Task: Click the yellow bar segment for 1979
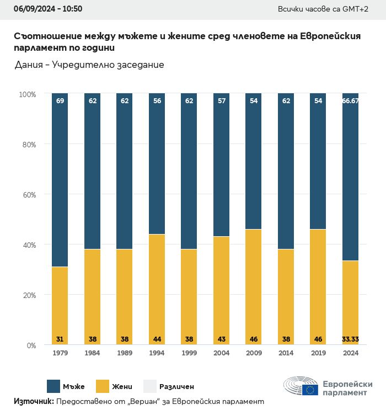(60, 306)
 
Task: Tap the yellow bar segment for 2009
(254, 287)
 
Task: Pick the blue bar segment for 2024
(351, 177)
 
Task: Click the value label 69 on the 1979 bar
(60, 101)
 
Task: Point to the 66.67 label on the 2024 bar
(351, 101)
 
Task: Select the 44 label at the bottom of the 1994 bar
(157, 339)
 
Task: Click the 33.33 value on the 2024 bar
(351, 339)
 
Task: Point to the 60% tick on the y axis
(28, 195)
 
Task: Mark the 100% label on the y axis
(27, 94)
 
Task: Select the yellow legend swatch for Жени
(103, 386)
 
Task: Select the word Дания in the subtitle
(28, 65)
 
